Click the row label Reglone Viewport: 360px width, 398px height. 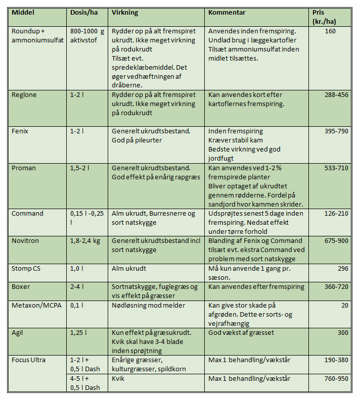[x=24, y=94]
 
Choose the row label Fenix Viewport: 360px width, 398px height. [x=20, y=131]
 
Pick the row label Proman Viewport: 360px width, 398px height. [x=23, y=168]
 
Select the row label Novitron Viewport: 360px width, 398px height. [x=25, y=241]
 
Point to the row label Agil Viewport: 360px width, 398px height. [x=18, y=332]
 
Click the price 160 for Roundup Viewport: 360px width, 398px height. [x=343, y=31]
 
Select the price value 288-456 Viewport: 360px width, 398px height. [x=336, y=94]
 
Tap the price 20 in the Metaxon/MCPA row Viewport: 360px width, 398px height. [x=345, y=305]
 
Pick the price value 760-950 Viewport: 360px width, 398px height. [x=336, y=378]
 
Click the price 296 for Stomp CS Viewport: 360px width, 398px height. [x=343, y=268]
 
